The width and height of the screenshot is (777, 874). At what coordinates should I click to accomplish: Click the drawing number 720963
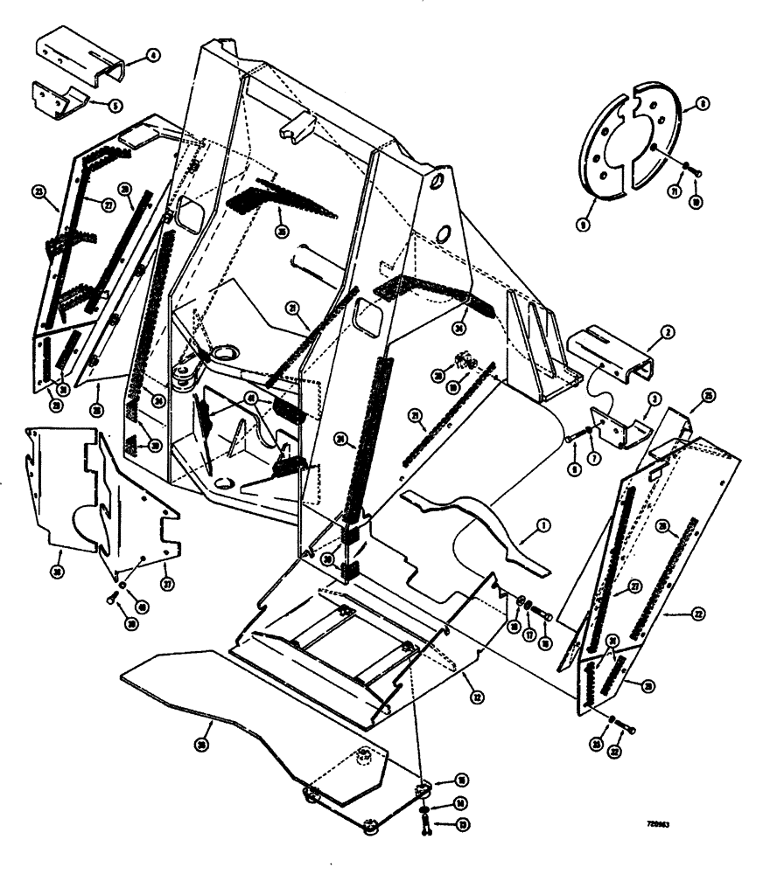pos(661,823)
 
